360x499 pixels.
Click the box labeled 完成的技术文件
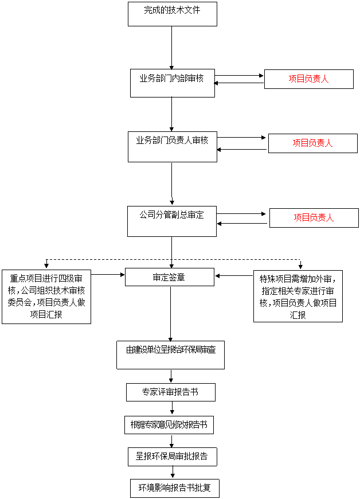coord(172,14)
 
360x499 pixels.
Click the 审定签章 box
coord(169,277)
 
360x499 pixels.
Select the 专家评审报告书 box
coord(170,392)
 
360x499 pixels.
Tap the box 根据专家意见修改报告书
coord(169,425)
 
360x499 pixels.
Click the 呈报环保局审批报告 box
coord(172,457)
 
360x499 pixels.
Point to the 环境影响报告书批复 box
coord(174,488)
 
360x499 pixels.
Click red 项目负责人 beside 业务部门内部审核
coord(308,79)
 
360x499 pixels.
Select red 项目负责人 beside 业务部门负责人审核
coord(312,143)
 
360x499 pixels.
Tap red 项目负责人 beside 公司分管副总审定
coord(314,217)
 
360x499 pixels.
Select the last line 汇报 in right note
coord(298,315)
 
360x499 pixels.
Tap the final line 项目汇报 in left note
coord(46,314)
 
